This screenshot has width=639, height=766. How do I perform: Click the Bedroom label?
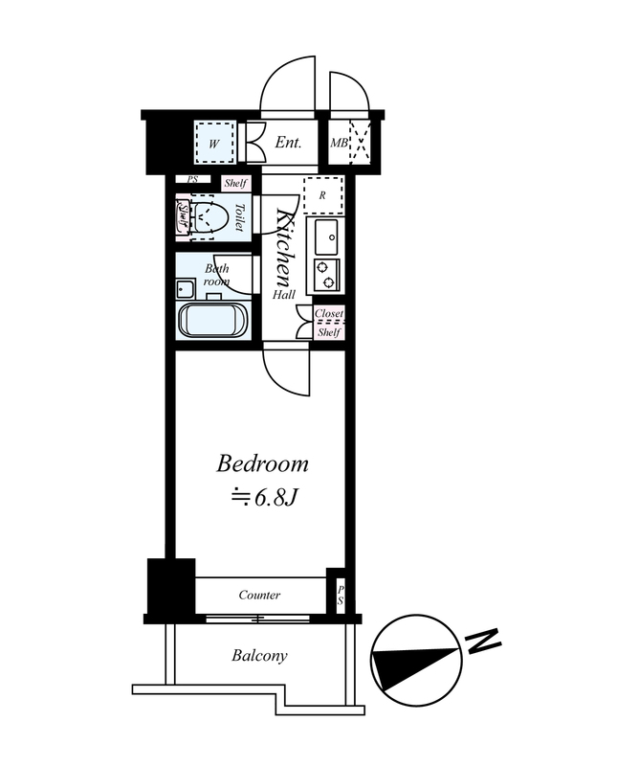(x=262, y=464)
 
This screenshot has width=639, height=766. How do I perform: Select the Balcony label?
(x=259, y=655)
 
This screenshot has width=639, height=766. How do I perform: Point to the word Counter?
(x=259, y=595)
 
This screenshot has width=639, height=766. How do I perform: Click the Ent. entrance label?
(x=288, y=142)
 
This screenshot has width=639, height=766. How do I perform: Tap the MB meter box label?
(x=339, y=143)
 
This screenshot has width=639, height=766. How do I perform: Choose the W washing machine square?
(x=214, y=143)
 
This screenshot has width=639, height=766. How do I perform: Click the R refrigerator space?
(x=322, y=195)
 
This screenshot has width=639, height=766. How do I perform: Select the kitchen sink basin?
(x=326, y=237)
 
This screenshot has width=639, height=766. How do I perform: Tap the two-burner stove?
(x=326, y=275)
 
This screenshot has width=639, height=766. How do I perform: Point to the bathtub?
(x=214, y=321)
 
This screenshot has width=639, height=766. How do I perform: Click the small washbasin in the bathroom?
(x=186, y=289)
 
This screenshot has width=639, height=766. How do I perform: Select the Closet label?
(x=328, y=313)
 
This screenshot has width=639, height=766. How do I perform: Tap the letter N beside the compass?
(x=483, y=641)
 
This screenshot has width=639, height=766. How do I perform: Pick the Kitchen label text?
(x=283, y=248)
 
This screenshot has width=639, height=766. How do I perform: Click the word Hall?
(x=283, y=295)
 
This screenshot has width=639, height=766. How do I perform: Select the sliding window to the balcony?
(x=257, y=619)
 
